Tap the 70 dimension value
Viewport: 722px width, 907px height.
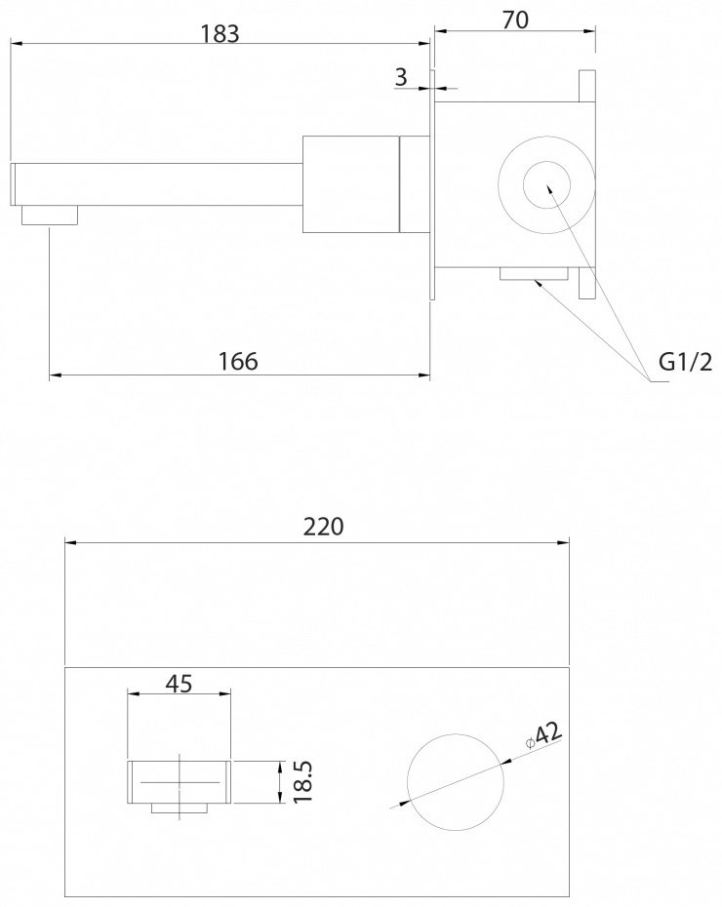(515, 20)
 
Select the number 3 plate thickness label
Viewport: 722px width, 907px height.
(401, 76)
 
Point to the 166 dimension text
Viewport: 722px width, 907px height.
(238, 361)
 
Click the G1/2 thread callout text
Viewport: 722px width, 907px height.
(686, 362)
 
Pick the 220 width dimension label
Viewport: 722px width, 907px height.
(323, 527)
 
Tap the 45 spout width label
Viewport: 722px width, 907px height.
(179, 684)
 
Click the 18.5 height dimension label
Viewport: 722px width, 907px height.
(302, 781)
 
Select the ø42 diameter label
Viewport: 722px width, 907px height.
(543, 735)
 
